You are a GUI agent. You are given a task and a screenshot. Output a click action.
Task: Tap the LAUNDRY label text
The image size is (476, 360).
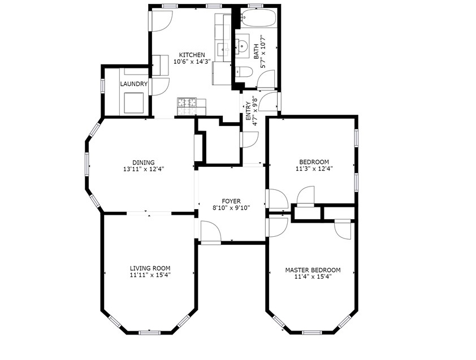(133, 84)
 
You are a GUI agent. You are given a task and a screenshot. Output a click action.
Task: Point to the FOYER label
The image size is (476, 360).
(231, 201)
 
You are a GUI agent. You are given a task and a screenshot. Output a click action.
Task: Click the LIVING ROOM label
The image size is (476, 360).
(150, 268)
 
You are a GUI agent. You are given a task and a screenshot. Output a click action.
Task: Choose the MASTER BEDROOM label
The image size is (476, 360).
(313, 270)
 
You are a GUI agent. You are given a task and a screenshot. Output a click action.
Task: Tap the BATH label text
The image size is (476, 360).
(256, 53)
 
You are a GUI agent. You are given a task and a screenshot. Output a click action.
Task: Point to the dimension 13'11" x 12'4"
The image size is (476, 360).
(144, 169)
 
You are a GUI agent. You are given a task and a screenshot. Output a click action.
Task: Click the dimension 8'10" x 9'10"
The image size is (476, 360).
(231, 208)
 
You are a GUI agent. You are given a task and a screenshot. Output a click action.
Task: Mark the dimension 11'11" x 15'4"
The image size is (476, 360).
(150, 275)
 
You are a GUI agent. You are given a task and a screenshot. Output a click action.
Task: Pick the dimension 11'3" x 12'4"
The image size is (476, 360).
(314, 168)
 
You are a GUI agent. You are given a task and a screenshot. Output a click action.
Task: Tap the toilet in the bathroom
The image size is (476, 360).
(244, 72)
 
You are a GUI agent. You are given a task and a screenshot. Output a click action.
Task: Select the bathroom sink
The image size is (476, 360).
(243, 46)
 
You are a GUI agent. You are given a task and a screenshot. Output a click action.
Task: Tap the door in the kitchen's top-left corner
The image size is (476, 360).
(160, 20)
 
